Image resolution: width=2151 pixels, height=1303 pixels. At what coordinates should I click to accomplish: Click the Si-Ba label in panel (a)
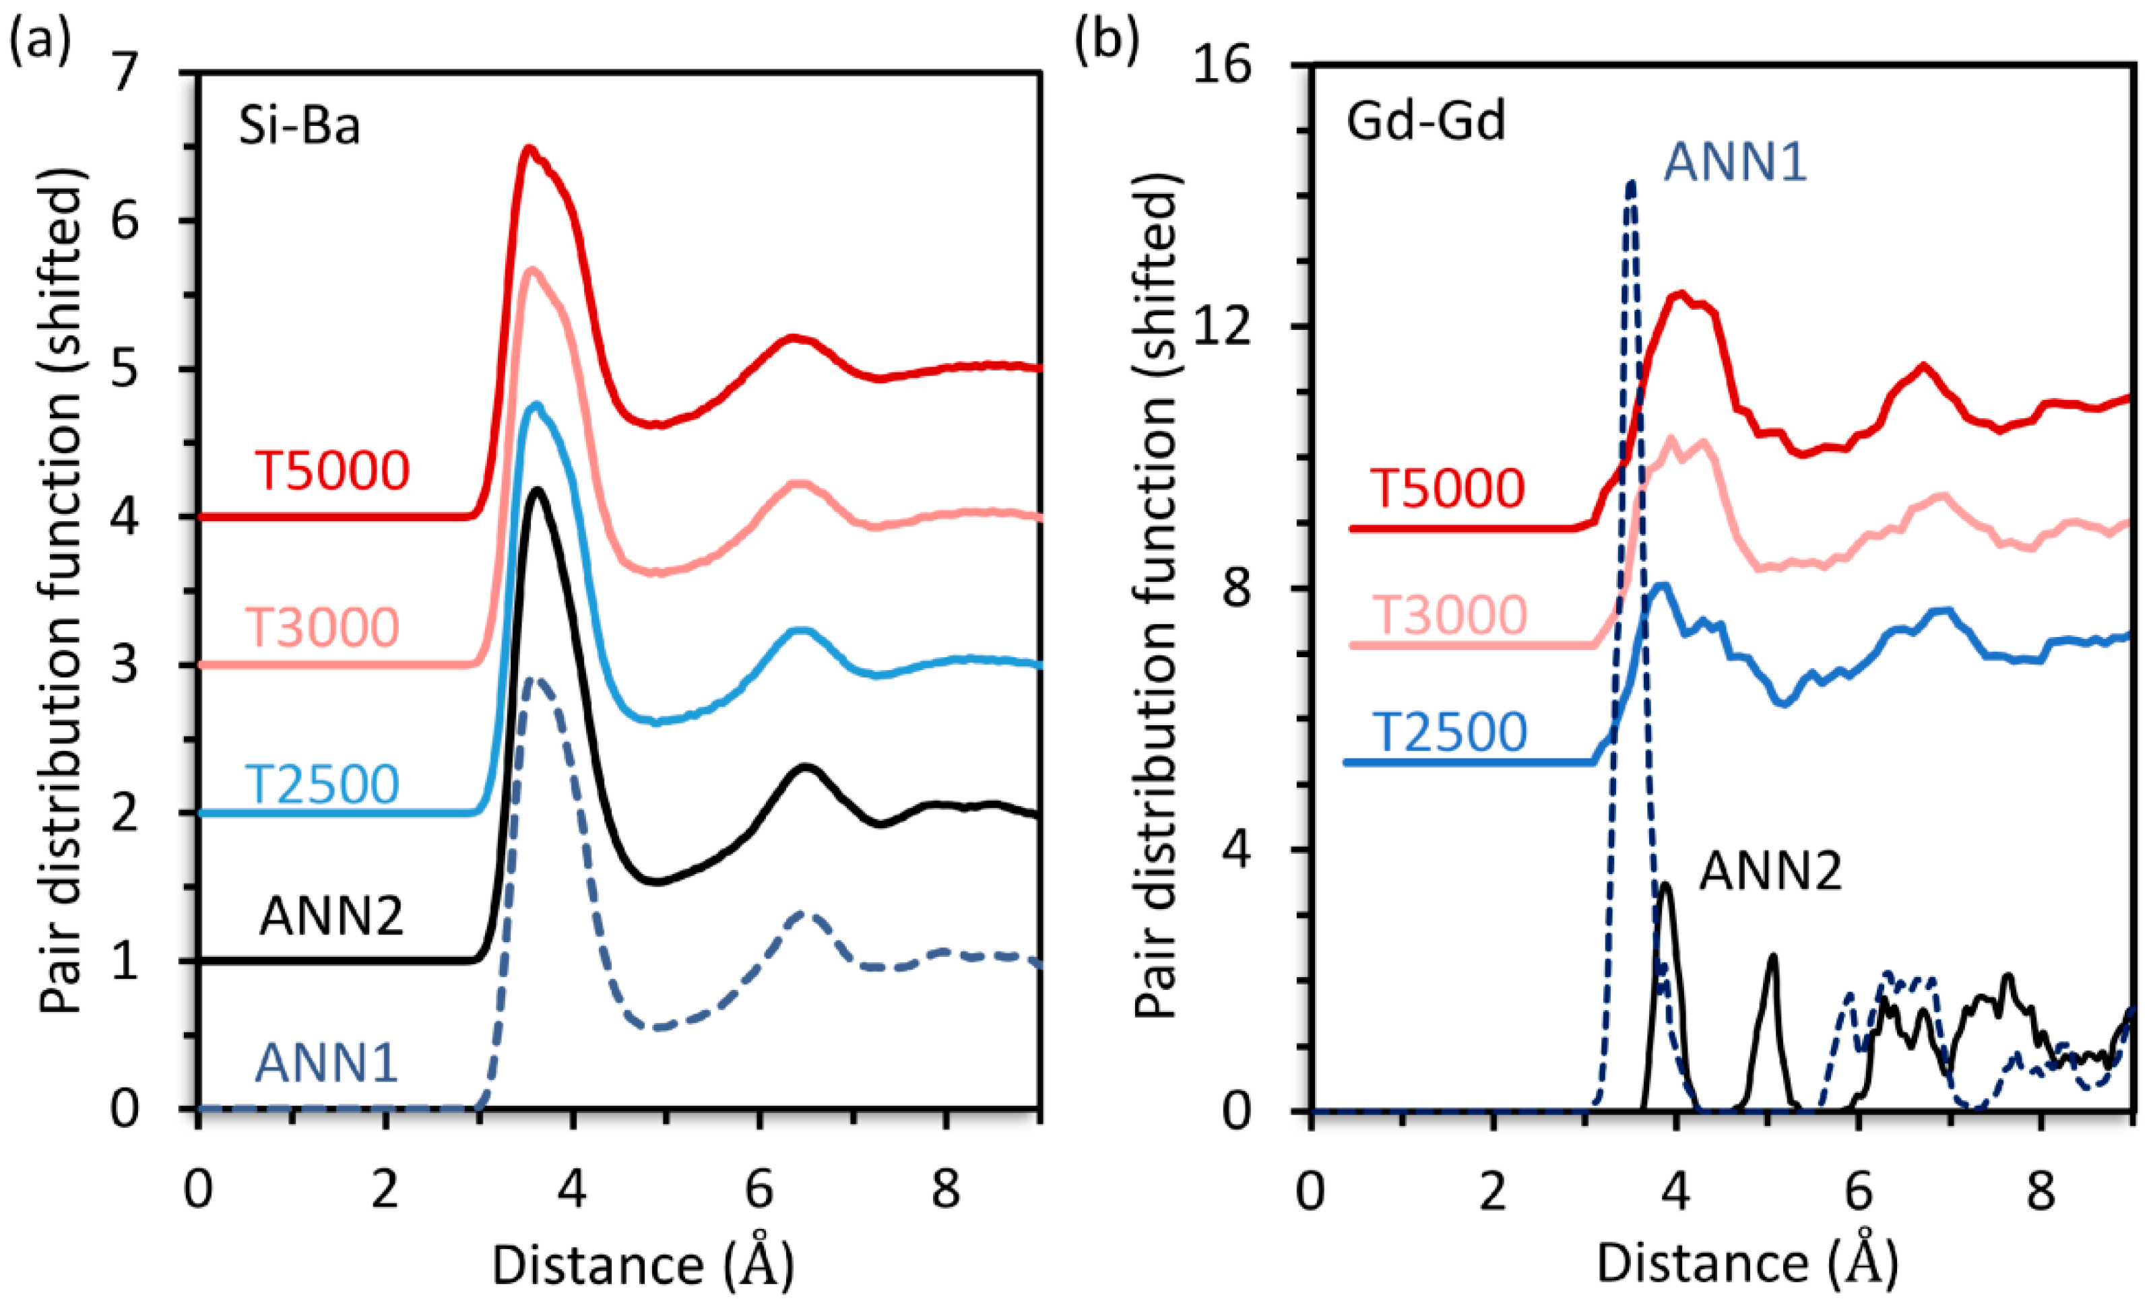[298, 127]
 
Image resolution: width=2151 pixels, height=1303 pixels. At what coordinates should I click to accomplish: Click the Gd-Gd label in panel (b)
[1425, 121]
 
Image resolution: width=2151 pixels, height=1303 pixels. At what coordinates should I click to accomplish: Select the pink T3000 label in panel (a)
[321, 627]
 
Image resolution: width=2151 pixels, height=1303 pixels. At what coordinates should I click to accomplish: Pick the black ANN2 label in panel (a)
[331, 916]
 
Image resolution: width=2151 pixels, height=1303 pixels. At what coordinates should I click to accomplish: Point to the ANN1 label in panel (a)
[327, 1063]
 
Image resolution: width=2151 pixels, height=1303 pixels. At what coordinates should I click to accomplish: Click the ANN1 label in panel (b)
[1735, 162]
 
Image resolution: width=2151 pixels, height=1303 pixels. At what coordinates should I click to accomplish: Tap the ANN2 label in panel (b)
[1770, 871]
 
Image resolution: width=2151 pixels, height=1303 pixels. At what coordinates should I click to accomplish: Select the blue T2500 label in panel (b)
[1450, 731]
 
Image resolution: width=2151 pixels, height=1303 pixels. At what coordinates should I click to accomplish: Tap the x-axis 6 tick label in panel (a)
[759, 1189]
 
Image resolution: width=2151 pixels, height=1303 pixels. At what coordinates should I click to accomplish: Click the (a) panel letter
[38, 39]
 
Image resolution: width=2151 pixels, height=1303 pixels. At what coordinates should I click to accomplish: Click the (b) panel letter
[1107, 39]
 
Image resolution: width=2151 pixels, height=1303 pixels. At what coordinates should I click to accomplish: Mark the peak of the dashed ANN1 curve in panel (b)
[1630, 182]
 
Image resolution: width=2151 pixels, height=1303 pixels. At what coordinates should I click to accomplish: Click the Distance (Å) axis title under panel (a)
[643, 1264]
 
